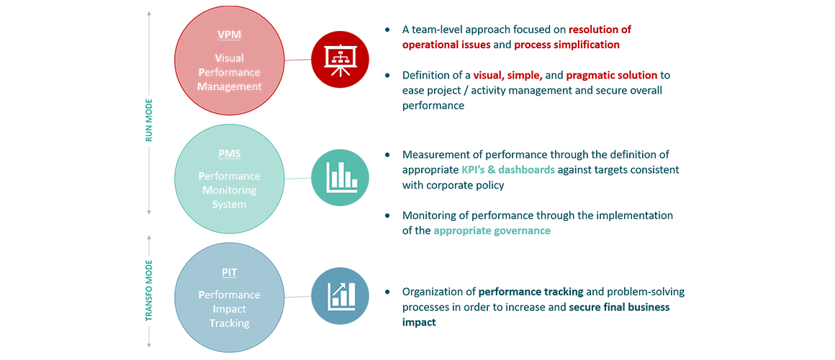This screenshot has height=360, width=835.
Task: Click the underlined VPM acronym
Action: click(x=230, y=35)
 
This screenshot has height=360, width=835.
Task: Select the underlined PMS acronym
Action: click(x=230, y=154)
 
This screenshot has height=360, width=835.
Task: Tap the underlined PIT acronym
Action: click(x=230, y=273)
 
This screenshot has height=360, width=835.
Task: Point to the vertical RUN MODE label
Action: click(x=149, y=120)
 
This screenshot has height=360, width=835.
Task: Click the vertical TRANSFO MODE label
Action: click(x=149, y=290)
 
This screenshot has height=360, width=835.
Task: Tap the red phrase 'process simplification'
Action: click(x=567, y=45)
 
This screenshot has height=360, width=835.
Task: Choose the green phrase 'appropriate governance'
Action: click(x=492, y=230)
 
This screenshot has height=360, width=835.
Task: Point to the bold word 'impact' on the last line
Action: click(x=419, y=323)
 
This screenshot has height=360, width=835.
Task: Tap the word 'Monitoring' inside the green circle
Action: click(x=230, y=189)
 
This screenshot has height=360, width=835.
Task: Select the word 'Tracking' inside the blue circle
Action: click(x=230, y=323)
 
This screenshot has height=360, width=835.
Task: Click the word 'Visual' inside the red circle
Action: click(x=230, y=58)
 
